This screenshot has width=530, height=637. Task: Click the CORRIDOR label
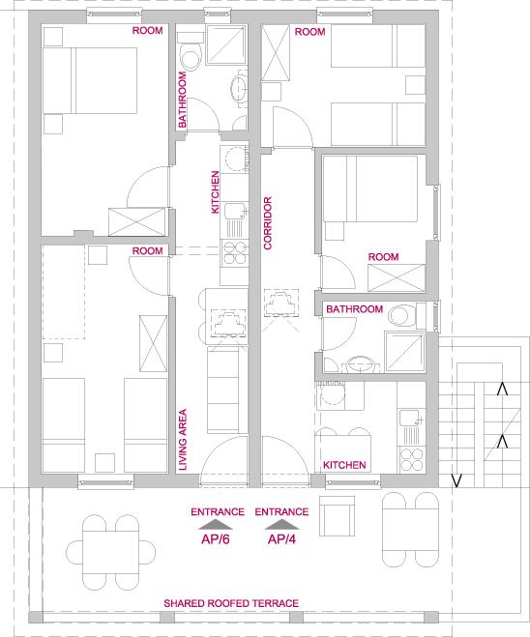pyautogui.click(x=268, y=223)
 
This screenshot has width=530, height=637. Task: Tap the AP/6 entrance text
pyautogui.click(x=216, y=539)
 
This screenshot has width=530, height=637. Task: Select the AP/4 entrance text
pyautogui.click(x=281, y=539)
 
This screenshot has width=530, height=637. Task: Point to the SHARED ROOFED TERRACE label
pyautogui.click(x=231, y=603)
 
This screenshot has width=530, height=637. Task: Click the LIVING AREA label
pyautogui.click(x=183, y=440)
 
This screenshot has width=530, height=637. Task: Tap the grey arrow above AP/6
pyautogui.click(x=216, y=525)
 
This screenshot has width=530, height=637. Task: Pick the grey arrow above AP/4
pyautogui.click(x=281, y=525)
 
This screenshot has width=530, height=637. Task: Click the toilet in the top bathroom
pyautogui.click(x=191, y=51)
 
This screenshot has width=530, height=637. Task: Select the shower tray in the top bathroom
pyautogui.click(x=226, y=44)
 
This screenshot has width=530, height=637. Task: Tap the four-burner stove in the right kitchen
pyautogui.click(x=411, y=459)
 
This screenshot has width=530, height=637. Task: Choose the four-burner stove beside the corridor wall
pyautogui.click(x=234, y=252)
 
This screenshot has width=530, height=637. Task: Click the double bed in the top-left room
pyautogui.click(x=89, y=80)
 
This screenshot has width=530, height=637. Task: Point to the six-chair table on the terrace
pyautogui.click(x=110, y=553)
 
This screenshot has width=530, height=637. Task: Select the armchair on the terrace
pyautogui.click(x=337, y=516)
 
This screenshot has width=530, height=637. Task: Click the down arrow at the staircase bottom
pyautogui.click(x=456, y=480)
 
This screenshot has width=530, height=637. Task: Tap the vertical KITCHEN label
pyautogui.click(x=216, y=192)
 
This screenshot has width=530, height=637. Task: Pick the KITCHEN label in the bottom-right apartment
pyautogui.click(x=344, y=465)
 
